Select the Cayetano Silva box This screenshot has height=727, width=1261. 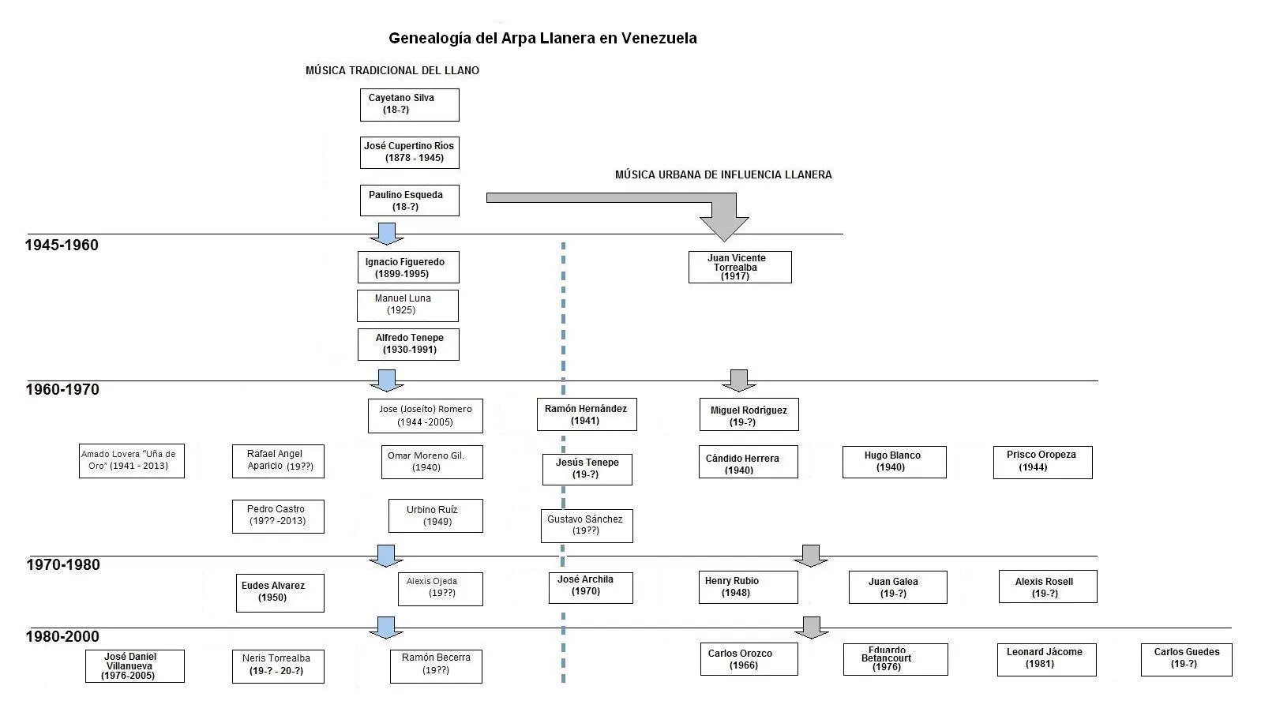(x=409, y=105)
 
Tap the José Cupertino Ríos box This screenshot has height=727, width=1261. (x=409, y=152)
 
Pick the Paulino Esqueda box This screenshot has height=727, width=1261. (x=409, y=200)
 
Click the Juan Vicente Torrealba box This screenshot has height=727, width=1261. (x=740, y=267)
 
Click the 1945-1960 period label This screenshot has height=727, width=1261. (x=62, y=245)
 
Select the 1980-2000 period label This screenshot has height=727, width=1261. (x=62, y=636)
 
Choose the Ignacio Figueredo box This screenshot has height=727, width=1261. (x=408, y=268)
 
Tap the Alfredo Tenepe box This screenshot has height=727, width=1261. (x=408, y=344)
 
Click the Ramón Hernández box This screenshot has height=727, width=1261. (x=587, y=414)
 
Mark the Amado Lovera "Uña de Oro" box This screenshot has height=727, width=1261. (x=132, y=461)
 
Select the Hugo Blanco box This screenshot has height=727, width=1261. (x=894, y=462)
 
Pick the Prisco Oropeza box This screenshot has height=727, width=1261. (x=1042, y=463)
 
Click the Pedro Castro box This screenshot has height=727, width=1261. (x=278, y=516)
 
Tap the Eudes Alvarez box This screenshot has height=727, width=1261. (x=280, y=593)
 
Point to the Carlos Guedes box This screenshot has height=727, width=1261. (x=1186, y=659)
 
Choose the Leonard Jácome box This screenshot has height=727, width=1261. (x=1046, y=659)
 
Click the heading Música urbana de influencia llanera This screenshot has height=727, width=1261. (x=723, y=175)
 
